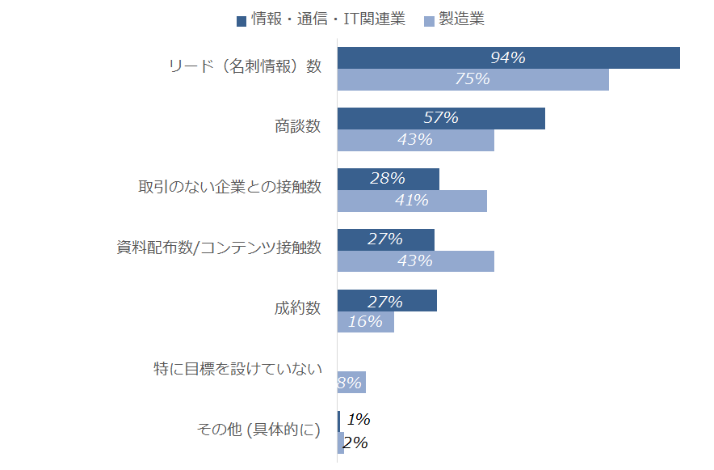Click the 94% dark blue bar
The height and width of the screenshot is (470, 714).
[x=508, y=58]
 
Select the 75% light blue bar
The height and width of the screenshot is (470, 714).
[x=472, y=80]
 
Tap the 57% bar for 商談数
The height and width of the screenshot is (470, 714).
[x=441, y=118]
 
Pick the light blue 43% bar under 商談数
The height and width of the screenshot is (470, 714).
[x=415, y=140]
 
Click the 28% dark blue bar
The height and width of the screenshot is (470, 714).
[x=388, y=179]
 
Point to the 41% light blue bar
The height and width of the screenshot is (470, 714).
[x=412, y=201]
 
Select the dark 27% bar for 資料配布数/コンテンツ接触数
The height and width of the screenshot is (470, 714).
[x=385, y=239]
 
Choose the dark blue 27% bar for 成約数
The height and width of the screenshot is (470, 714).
[x=387, y=301]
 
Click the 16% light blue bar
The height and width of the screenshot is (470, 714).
[x=365, y=322]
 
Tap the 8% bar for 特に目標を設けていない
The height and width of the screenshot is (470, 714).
[x=351, y=383]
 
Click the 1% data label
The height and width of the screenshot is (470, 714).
[x=359, y=420]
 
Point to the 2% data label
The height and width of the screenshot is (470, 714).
[x=356, y=442]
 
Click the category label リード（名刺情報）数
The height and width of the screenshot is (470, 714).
[x=244, y=66]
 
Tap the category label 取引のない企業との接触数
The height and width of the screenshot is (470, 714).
[x=230, y=187]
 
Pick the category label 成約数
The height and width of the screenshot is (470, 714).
[x=297, y=308]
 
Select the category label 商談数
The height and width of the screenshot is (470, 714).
[x=297, y=126]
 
